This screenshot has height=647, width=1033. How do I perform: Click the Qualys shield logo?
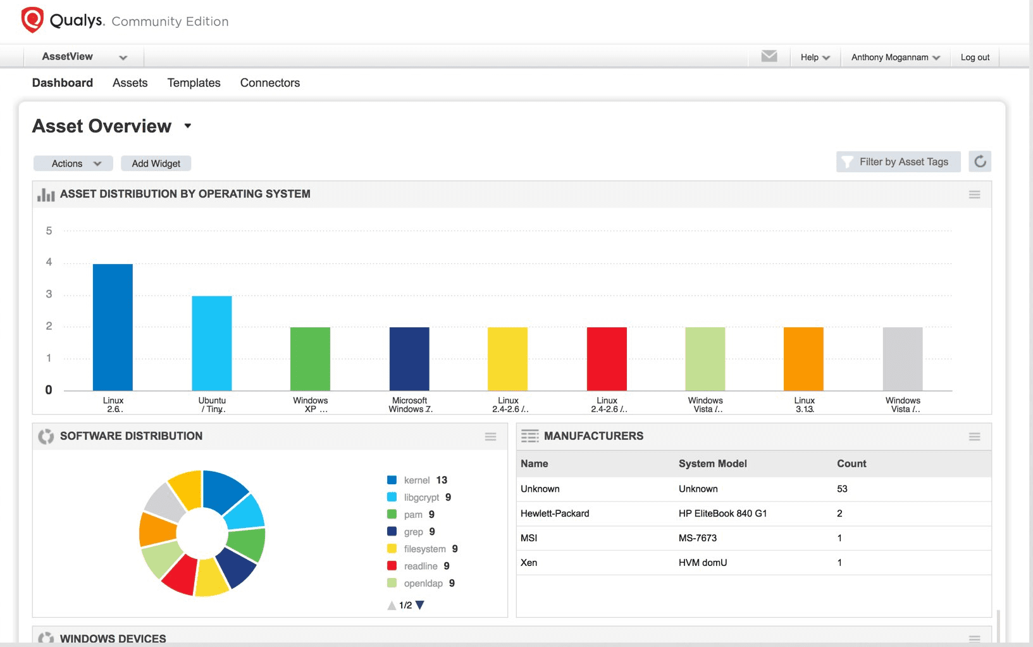pyautogui.click(x=32, y=20)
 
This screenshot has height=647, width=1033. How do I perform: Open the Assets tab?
pyautogui.click(x=130, y=83)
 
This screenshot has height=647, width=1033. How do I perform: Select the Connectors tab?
pyautogui.click(x=269, y=83)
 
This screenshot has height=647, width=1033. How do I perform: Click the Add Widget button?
pyautogui.click(x=156, y=163)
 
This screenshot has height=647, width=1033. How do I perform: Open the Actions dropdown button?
pyautogui.click(x=73, y=163)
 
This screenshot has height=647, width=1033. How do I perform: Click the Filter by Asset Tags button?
pyautogui.click(x=898, y=162)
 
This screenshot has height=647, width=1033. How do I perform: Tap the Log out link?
pyautogui.click(x=975, y=57)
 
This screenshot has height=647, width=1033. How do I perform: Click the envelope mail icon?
pyautogui.click(x=769, y=56)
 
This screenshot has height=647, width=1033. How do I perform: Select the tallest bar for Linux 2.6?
pyautogui.click(x=113, y=327)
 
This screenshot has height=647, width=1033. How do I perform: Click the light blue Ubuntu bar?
pyautogui.click(x=212, y=342)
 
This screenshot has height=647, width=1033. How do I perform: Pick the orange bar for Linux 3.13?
pyautogui.click(x=803, y=358)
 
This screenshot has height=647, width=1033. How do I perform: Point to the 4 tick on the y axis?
pyautogui.click(x=49, y=262)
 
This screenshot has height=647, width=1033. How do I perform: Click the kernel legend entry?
pyautogui.click(x=418, y=481)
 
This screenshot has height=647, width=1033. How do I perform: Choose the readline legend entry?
pyautogui.click(x=420, y=566)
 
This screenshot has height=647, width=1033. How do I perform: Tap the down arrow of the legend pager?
pyautogui.click(x=420, y=605)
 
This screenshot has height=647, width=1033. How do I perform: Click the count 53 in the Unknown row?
pyautogui.click(x=842, y=489)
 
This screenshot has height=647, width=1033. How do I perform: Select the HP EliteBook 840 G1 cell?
pyautogui.click(x=722, y=513)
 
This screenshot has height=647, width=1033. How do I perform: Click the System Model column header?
pyautogui.click(x=712, y=463)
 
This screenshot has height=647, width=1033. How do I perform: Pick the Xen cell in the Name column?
pyautogui.click(x=529, y=563)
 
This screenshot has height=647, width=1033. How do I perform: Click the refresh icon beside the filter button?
pyautogui.click(x=980, y=161)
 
